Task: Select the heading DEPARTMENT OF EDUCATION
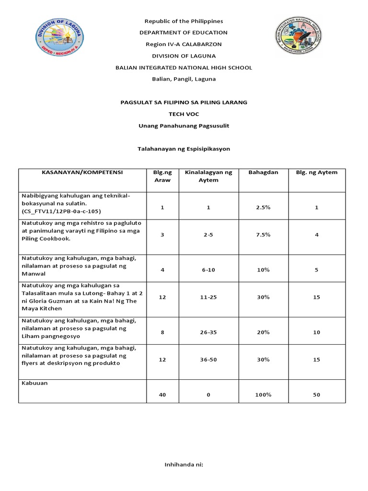(x=184, y=33)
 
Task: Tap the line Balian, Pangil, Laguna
(x=184, y=79)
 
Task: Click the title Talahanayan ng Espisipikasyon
(x=184, y=149)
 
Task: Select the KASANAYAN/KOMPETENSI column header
(x=82, y=173)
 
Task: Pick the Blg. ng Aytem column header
(x=316, y=173)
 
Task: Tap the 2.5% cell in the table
(x=263, y=208)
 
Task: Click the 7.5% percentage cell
(x=263, y=235)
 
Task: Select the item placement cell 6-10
(x=208, y=270)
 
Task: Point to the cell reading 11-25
(x=208, y=297)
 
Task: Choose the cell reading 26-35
(x=208, y=332)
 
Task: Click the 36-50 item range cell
(x=208, y=360)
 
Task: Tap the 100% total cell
(x=263, y=395)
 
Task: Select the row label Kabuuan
(x=34, y=384)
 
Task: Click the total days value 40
(x=162, y=395)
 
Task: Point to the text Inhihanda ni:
(x=184, y=465)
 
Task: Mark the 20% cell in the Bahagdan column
(x=263, y=332)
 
